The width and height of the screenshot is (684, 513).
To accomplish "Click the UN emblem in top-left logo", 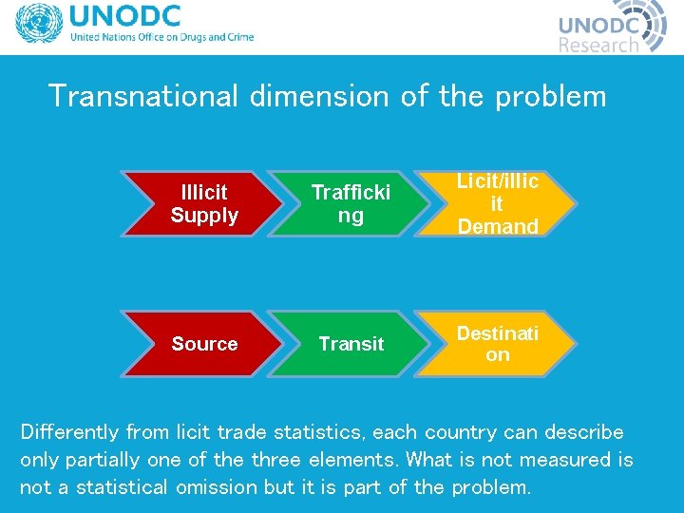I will click(x=38, y=26).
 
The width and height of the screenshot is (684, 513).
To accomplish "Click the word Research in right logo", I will click(x=598, y=45).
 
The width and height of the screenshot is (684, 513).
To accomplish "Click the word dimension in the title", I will click(x=319, y=96).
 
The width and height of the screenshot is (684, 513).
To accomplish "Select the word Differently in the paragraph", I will click(x=69, y=432).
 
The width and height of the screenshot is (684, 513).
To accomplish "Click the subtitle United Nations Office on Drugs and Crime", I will click(x=161, y=38).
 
